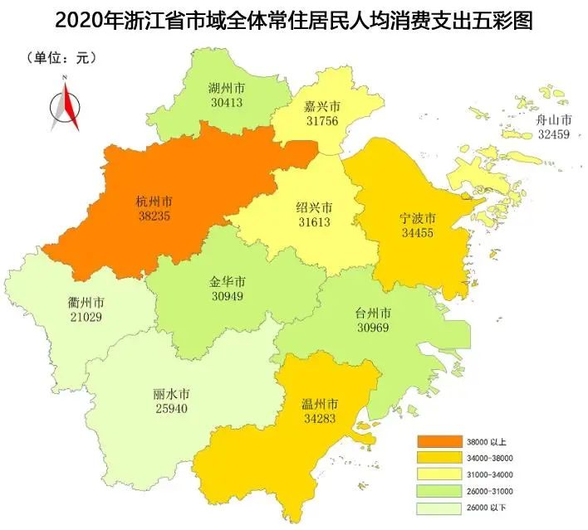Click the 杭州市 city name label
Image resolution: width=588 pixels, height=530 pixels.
(x=155, y=201)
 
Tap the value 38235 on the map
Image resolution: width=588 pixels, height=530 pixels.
(x=155, y=214)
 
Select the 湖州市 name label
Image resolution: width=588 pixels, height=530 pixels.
(x=226, y=87)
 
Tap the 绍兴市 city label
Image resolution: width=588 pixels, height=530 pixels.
(x=315, y=207)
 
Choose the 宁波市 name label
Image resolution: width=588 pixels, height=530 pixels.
(x=418, y=218)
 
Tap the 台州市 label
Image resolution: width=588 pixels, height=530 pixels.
(x=373, y=314)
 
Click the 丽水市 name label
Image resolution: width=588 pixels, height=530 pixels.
(x=171, y=395)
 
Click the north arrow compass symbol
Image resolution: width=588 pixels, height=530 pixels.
(x=65, y=104)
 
